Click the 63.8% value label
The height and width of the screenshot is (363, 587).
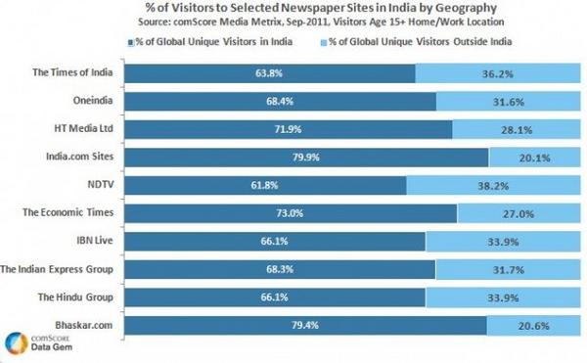[266, 74]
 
